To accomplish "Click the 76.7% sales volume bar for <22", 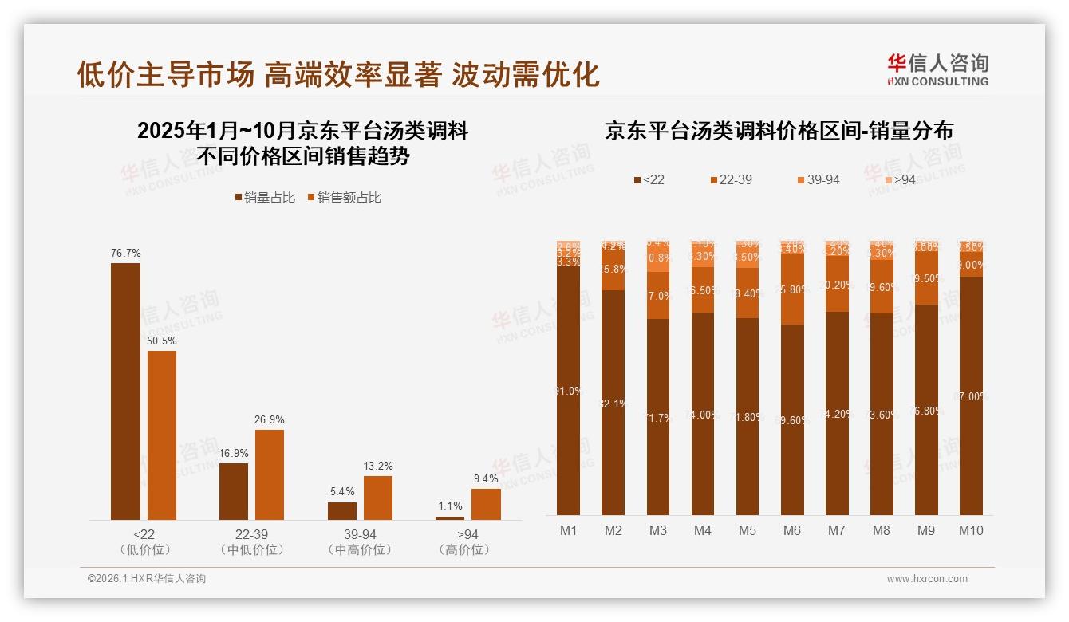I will point(125,391).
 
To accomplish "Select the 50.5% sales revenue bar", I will point(162,435).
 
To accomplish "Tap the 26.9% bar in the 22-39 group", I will point(270,474).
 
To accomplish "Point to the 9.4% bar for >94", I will point(486,504).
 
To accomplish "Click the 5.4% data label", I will point(341,492).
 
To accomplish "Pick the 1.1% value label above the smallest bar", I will point(450,506).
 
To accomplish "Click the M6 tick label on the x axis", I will point(791,530).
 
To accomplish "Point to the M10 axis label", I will point(971,530).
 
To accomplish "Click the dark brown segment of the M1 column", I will point(569,391).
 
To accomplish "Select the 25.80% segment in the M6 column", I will point(791,289).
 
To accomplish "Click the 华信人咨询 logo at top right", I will point(937,69).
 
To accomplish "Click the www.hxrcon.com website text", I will point(927,579).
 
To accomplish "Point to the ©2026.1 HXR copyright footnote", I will point(147,579).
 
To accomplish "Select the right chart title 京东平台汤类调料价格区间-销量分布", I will point(779,131).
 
